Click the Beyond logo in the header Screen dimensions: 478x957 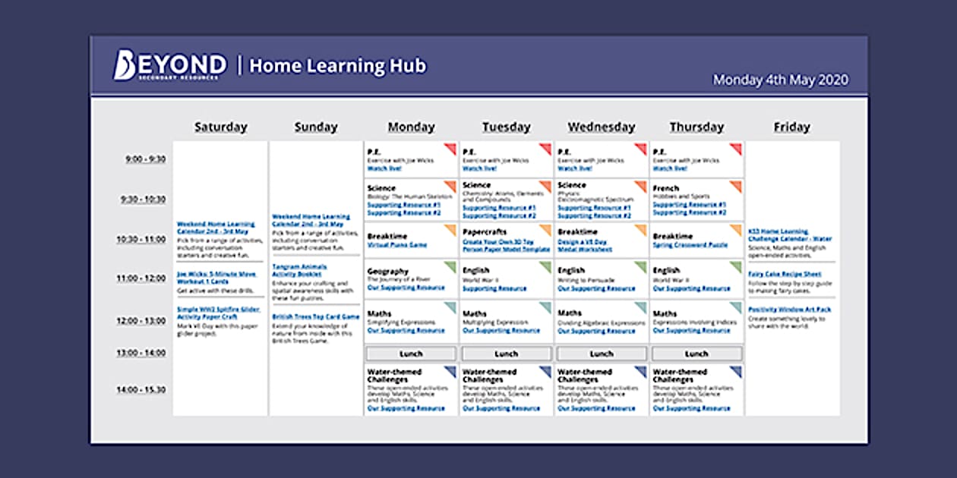(x=169, y=66)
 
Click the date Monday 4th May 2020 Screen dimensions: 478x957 (x=780, y=80)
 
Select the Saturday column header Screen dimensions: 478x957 (x=220, y=127)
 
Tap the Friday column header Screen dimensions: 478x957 (x=791, y=127)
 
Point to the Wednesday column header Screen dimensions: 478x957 (x=601, y=127)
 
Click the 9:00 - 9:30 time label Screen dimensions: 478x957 (x=145, y=159)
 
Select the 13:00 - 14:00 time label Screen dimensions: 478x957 (x=141, y=353)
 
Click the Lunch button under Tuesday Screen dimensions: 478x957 (x=506, y=354)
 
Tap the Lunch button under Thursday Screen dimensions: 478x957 (x=696, y=354)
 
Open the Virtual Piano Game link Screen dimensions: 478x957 (x=397, y=246)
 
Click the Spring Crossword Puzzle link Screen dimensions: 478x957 (x=690, y=246)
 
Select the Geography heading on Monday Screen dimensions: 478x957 (x=387, y=271)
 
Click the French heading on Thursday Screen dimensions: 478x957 (x=665, y=188)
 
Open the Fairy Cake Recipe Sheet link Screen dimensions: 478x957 (x=785, y=274)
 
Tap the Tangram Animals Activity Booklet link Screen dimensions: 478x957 (x=299, y=271)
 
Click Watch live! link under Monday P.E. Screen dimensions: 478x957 (x=384, y=168)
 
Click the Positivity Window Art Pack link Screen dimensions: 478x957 (x=789, y=310)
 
